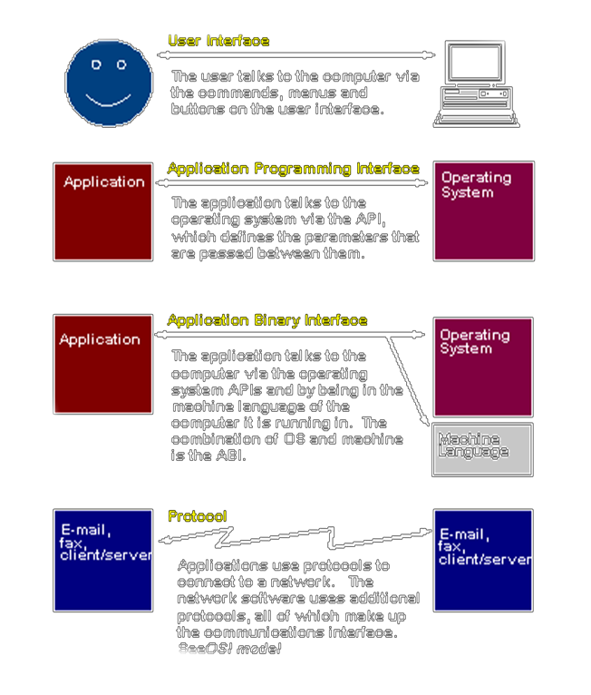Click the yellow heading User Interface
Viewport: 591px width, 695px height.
(218, 41)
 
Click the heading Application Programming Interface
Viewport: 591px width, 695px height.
(293, 169)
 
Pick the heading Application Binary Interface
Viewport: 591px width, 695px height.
(267, 320)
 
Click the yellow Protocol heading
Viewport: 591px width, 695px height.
(197, 516)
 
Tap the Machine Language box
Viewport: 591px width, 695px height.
(481, 448)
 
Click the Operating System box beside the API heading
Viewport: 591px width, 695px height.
(483, 210)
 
